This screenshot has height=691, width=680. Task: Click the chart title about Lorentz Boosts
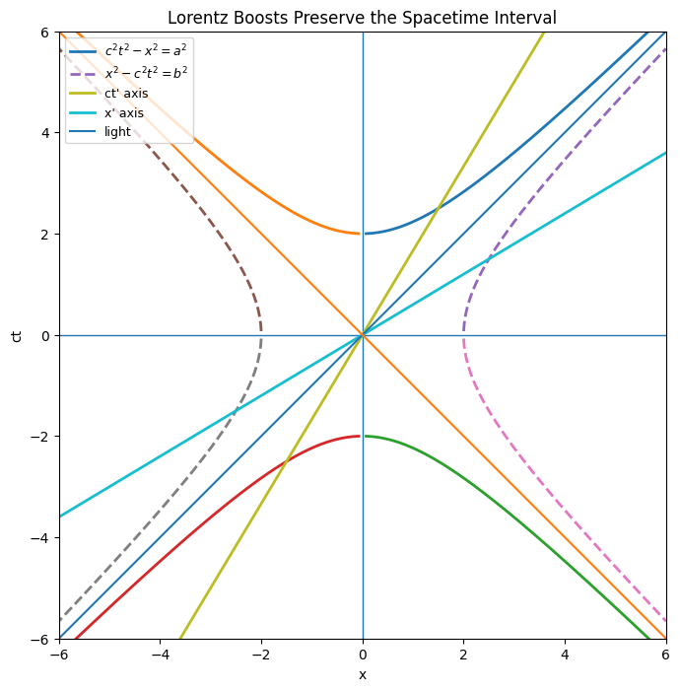362,18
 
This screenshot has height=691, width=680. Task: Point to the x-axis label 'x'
363,675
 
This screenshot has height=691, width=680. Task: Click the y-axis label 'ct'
16,335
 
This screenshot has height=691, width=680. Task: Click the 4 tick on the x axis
565,653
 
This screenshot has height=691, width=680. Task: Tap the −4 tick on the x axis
160,653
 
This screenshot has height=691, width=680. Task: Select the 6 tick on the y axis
45,32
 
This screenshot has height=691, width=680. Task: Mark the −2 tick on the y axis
40,437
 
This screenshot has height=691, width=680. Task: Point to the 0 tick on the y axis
45,335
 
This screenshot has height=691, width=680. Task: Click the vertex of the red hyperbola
361,437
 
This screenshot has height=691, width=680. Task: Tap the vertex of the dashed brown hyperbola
261,335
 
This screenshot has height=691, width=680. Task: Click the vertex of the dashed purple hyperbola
464,335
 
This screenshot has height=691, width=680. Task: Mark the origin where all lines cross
363,335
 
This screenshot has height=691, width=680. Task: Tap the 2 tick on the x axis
464,653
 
